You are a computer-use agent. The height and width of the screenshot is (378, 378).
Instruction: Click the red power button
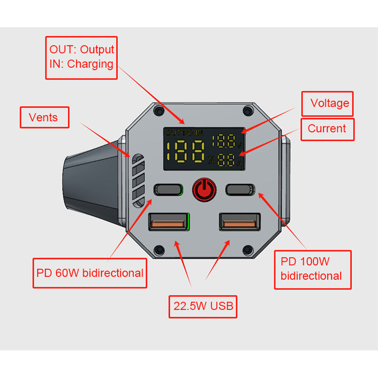204,189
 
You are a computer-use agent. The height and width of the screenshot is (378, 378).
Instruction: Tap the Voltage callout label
327,103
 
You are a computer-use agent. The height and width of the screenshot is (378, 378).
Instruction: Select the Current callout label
327,129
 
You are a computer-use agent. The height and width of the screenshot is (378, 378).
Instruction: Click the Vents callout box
44,117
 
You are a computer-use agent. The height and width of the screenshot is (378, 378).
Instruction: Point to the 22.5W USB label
203,306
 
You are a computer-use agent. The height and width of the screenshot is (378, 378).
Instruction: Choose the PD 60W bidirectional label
90,273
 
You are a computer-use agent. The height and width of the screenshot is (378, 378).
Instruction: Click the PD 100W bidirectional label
312,269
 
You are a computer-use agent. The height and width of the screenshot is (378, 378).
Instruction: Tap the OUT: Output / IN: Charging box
81,57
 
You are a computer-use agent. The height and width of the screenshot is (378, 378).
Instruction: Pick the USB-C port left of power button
168,189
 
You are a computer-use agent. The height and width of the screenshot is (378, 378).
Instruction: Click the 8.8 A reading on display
226,160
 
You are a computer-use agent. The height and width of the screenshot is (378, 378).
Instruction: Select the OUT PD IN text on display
184,133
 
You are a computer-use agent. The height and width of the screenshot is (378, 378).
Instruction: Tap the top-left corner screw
160,111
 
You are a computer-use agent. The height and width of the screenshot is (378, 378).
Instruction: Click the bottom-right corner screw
248,249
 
